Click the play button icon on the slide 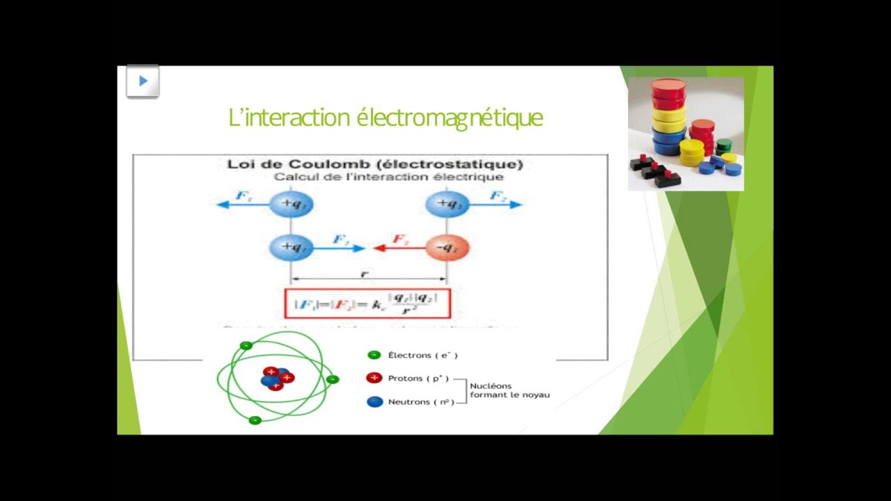(143, 81)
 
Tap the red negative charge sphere (447, 247)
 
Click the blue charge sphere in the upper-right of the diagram (447, 204)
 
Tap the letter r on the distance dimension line (364, 274)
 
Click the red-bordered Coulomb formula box (368, 303)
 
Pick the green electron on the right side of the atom (333, 379)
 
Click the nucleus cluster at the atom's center (276, 378)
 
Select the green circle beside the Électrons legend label (374, 355)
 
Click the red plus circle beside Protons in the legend (374, 378)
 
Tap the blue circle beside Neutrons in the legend (374, 401)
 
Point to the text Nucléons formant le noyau (509, 390)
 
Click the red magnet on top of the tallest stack (668, 86)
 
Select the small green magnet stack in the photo (724, 145)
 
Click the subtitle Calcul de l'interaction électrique (388, 177)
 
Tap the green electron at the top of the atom (245, 345)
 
